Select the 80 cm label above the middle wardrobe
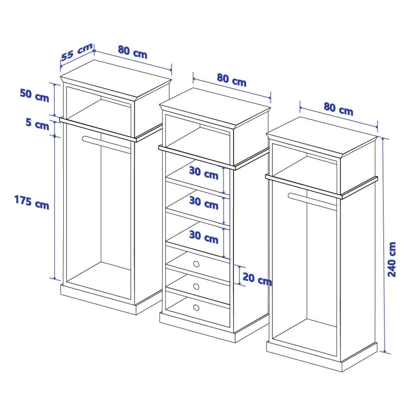(x=231, y=80)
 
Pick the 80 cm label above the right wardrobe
(x=338, y=109)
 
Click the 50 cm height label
(x=34, y=95)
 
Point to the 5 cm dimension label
(x=37, y=124)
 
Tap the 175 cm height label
(x=32, y=202)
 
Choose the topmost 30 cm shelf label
(x=204, y=173)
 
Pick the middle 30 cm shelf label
(x=204, y=203)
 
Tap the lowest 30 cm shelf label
(x=204, y=237)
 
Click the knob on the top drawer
(x=196, y=264)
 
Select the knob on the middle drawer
(x=196, y=286)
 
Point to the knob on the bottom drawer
(x=196, y=308)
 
